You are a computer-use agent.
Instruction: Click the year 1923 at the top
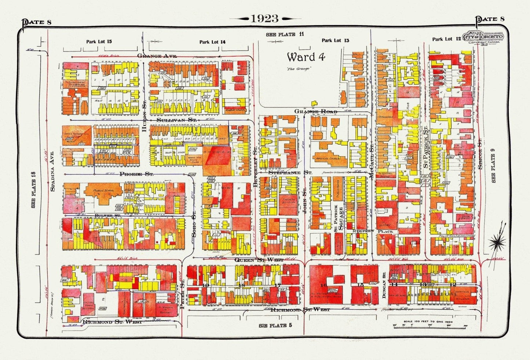pyautogui.click(x=264, y=18)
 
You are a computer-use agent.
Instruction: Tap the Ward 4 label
pyautogui.click(x=306, y=57)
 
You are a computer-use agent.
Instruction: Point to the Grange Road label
pyautogui.click(x=315, y=111)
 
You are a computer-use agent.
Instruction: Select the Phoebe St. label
pyautogui.click(x=136, y=174)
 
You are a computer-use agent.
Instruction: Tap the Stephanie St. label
pyautogui.click(x=290, y=172)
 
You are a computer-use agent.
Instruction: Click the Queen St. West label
pyautogui.click(x=259, y=259)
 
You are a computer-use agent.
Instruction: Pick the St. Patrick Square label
pyautogui.click(x=338, y=218)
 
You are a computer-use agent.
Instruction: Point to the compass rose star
pyautogui.click(x=498, y=242)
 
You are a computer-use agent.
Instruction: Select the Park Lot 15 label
pyautogui.click(x=99, y=41)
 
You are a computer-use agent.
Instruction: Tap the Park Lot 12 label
pyautogui.click(x=446, y=39)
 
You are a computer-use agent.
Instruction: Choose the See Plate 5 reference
pyautogui.click(x=275, y=326)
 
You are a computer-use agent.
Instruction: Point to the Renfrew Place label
pyautogui.click(x=372, y=231)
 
